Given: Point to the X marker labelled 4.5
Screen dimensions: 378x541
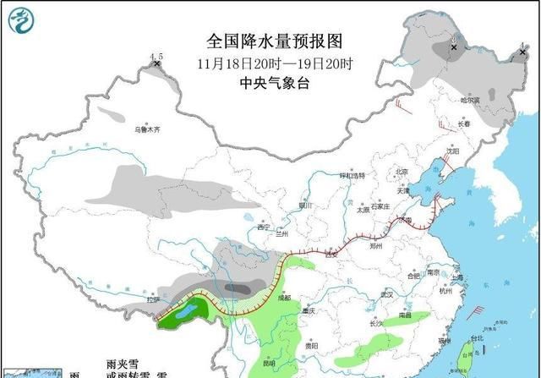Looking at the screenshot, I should (156, 63).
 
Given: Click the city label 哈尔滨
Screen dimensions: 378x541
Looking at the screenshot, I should (470, 101).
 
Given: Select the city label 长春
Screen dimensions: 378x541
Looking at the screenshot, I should (463, 123).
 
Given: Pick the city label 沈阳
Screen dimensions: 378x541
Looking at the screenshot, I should (452, 152).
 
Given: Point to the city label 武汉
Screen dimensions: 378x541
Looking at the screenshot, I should (387, 294).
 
